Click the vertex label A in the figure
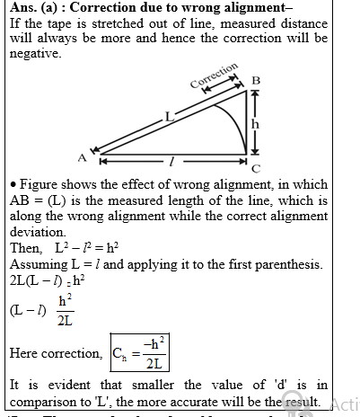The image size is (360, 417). pos(82,158)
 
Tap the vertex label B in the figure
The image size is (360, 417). pos(256,81)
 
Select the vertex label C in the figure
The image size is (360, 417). pos(256,168)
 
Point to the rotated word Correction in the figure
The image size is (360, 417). pos(215,77)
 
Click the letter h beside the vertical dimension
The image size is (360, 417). pos(255,124)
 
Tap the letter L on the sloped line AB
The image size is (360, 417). pos(167,113)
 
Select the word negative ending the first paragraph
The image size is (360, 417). pos(32,53)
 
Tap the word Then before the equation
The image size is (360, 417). pos(24,247)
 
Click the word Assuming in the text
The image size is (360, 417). pos(39,264)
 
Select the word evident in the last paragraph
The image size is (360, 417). pos(60,385)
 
